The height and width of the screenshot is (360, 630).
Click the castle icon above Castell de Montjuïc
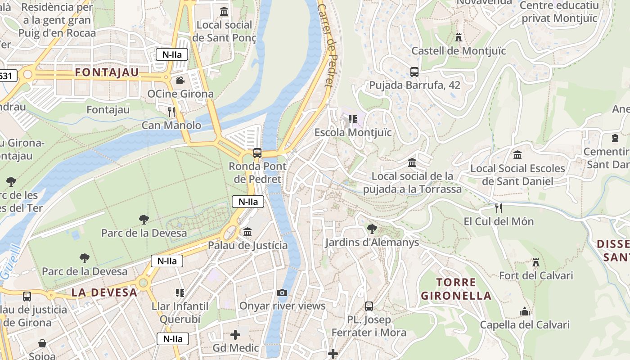[459, 37]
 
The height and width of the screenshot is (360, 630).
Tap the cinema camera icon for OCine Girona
[180, 81]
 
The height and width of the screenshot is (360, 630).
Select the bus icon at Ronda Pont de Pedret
[257, 153]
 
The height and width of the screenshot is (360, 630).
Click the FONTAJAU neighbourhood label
[107, 72]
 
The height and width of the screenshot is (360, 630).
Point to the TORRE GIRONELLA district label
[456, 289]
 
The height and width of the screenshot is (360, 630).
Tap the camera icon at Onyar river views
[282, 293]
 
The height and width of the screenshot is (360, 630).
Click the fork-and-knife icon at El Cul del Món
[498, 208]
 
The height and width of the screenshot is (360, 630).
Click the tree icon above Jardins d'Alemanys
[372, 229]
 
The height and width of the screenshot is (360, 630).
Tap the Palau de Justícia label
[247, 245]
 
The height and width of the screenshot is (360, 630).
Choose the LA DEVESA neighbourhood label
[104, 292]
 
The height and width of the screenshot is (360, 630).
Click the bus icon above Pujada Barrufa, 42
[414, 72]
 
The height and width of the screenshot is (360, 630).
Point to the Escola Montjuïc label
[353, 132]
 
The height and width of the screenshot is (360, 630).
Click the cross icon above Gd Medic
[235, 335]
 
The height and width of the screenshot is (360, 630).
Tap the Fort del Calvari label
[536, 275]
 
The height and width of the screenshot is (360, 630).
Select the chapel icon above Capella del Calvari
[524, 311]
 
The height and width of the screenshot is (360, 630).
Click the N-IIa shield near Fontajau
[171, 54]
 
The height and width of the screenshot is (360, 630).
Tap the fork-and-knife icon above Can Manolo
[171, 112]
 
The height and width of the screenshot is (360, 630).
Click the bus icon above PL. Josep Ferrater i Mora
[369, 306]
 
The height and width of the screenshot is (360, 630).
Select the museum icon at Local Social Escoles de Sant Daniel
[517, 155]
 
